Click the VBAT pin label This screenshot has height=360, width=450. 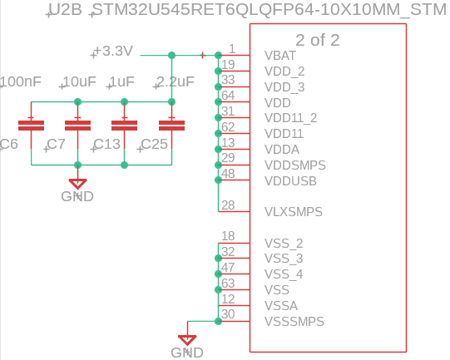(x=280, y=56)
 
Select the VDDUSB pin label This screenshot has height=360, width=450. (x=290, y=180)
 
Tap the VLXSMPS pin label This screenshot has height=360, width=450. (x=294, y=212)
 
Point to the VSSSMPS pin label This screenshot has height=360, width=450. (x=294, y=321)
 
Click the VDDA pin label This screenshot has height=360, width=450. (x=281, y=149)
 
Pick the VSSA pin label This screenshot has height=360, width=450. (x=280, y=305)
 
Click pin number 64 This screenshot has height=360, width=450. (x=228, y=95)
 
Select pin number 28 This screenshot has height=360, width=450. (x=228, y=205)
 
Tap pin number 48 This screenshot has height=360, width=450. (x=228, y=173)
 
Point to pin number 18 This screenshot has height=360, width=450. (x=228, y=235)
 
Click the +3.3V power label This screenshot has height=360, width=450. (x=113, y=52)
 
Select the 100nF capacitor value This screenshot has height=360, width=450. (x=22, y=81)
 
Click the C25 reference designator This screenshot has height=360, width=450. (x=154, y=145)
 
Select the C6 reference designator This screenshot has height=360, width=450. (x=8, y=145)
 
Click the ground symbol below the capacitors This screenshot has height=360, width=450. (x=77, y=184)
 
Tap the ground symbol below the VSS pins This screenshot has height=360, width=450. (x=187, y=339)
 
